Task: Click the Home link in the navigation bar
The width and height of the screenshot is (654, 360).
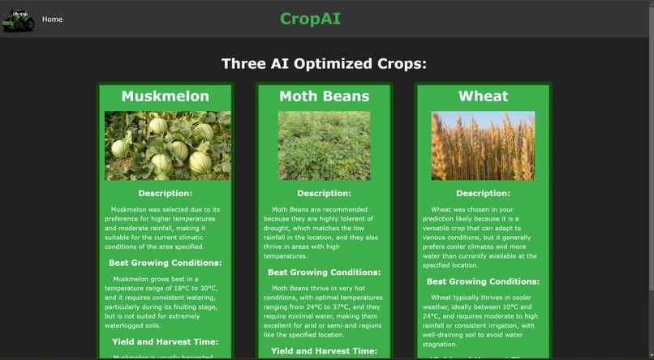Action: (x=52, y=19)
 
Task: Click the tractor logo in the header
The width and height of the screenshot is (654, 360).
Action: (x=18, y=19)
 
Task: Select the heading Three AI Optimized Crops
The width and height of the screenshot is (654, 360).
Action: (x=324, y=64)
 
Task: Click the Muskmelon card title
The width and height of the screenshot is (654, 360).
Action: (x=165, y=96)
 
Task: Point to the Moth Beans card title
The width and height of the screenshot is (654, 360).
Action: (x=324, y=96)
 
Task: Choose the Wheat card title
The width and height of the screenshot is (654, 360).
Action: (x=483, y=96)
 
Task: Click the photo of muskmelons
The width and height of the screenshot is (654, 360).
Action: (x=167, y=145)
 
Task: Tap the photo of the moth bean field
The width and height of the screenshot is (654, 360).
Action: (x=324, y=145)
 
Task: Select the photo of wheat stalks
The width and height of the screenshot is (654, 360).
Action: (x=483, y=145)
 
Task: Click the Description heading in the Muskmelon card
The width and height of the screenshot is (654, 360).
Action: (x=165, y=194)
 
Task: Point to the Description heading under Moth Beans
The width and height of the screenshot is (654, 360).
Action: (x=324, y=194)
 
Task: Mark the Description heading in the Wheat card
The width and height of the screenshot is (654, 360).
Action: (x=483, y=194)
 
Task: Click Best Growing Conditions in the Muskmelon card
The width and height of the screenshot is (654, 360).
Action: (x=165, y=263)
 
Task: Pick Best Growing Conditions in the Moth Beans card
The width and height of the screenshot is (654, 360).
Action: (x=324, y=272)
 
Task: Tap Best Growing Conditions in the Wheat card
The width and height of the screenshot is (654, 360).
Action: (x=483, y=281)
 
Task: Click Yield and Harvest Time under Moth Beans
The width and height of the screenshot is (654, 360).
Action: (x=324, y=351)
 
